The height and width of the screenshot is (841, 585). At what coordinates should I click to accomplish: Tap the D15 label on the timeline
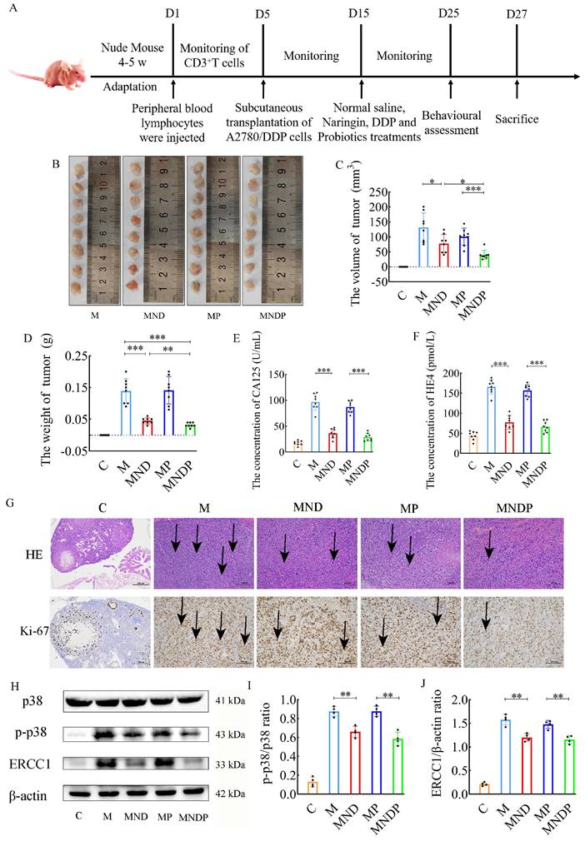coord(361,12)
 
